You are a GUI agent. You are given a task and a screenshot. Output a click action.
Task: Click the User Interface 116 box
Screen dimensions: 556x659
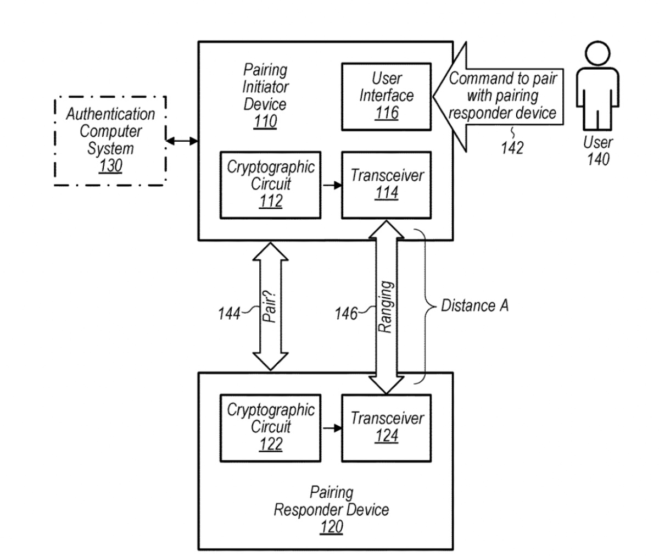click(x=386, y=97)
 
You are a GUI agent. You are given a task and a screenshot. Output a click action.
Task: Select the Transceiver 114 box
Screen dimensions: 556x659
click(x=386, y=185)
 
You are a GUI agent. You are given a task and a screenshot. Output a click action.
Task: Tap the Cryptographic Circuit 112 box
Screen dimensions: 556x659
click(x=270, y=185)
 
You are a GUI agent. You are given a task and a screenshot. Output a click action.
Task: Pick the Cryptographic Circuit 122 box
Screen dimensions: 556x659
click(x=270, y=427)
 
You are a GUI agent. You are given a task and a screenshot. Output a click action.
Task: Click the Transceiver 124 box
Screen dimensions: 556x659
click(x=386, y=427)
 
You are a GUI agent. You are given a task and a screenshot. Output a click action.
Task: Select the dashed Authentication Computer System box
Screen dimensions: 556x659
click(x=110, y=141)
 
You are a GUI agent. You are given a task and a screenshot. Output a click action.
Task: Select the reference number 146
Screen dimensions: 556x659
click(x=346, y=314)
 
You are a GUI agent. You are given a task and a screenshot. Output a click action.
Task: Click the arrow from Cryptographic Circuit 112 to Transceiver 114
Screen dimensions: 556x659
click(x=331, y=185)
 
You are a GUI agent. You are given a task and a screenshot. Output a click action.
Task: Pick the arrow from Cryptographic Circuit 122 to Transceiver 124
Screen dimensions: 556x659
click(x=331, y=427)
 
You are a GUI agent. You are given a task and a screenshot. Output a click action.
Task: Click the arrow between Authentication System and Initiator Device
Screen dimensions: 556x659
click(x=182, y=141)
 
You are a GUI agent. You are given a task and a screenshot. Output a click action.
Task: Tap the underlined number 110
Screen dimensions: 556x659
click(x=265, y=121)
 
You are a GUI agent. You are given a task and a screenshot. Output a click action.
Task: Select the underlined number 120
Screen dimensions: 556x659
click(x=331, y=527)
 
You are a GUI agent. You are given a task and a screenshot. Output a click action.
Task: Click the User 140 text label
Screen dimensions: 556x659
click(x=597, y=151)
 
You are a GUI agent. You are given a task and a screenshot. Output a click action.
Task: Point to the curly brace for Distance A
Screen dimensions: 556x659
click(x=423, y=306)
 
